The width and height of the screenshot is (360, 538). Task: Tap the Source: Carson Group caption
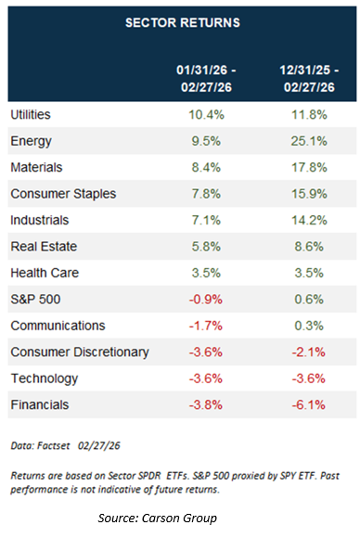click(x=161, y=518)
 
